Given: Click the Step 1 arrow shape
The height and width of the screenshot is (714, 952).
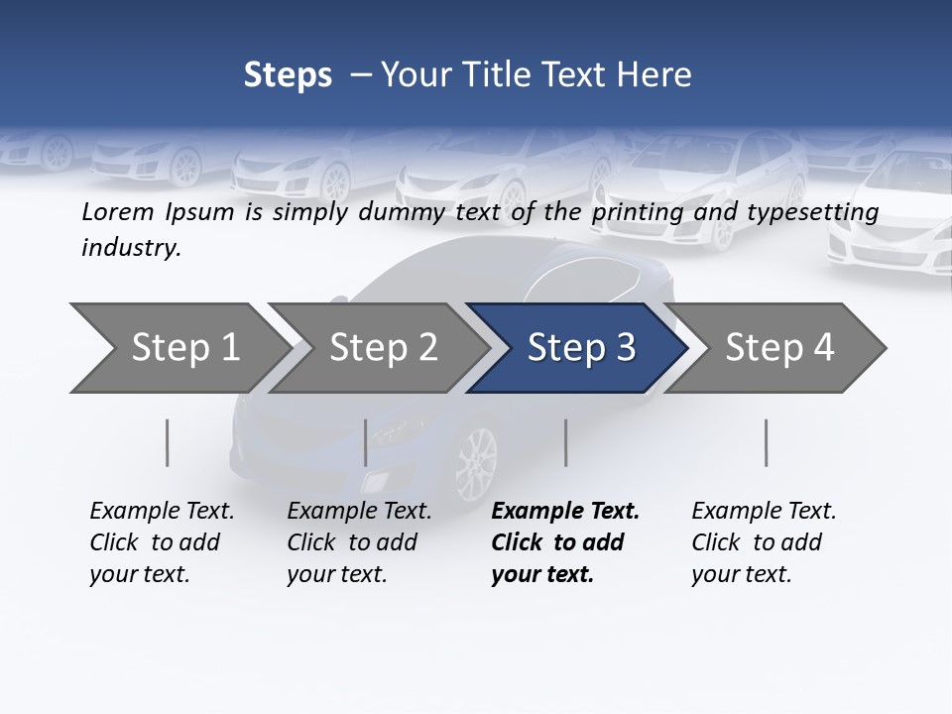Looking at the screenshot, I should (178, 347).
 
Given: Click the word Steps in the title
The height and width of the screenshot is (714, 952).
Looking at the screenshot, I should (288, 75).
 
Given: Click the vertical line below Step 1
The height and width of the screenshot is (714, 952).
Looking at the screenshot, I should (167, 442).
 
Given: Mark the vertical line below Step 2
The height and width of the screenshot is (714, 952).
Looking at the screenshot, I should (366, 442).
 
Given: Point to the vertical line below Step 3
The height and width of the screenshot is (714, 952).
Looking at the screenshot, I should (565, 442).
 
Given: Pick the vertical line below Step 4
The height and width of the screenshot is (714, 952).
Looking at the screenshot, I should (766, 442).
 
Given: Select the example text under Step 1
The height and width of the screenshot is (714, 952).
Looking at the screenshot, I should (161, 542).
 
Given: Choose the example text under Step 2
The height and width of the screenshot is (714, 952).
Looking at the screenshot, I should (358, 542).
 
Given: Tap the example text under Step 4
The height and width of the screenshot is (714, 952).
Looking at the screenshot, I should (763, 542).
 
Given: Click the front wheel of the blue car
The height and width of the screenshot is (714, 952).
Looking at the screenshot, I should (477, 460).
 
